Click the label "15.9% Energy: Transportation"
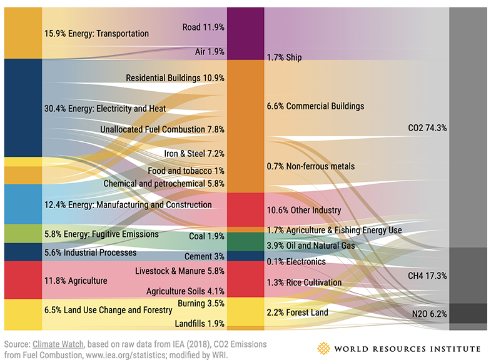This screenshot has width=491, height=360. pyautogui.click(x=96, y=33)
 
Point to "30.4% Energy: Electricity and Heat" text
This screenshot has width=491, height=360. pyautogui.click(x=105, y=108)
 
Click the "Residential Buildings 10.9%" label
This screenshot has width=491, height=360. pyautogui.click(x=175, y=78)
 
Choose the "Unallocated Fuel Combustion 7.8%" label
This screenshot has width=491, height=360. pyautogui.click(x=162, y=129)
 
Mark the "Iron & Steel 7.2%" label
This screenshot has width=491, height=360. pyautogui.click(x=194, y=153)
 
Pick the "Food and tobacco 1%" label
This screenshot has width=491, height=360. pyautogui.click(x=186, y=171)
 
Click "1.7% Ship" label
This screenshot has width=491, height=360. pyautogui.click(x=284, y=57)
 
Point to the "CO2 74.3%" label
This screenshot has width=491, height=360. pyautogui.click(x=427, y=127)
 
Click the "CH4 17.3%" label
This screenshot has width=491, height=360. pyautogui.click(x=427, y=276)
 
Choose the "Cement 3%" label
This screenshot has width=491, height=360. pyautogui.click(x=204, y=256)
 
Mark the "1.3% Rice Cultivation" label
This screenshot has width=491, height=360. pyautogui.click(x=304, y=282)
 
